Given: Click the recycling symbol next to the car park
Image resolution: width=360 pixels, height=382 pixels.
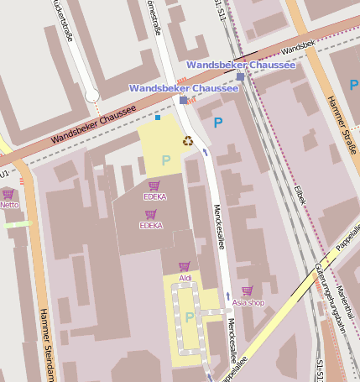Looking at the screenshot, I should point(188,140).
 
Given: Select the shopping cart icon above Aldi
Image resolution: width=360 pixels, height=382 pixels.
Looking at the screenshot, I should point(184,266).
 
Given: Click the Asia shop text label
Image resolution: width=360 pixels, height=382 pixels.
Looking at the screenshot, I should point(248,302).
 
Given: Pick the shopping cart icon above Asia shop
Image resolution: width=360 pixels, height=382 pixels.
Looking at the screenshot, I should point(247,290).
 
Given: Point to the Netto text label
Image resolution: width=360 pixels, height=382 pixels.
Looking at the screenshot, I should point(9,205).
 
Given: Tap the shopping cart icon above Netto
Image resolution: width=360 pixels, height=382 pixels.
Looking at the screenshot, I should point(8,194).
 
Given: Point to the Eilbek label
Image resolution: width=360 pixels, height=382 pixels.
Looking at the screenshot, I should point(300,196).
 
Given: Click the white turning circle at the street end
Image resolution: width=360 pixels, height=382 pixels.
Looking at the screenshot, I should point(92,96).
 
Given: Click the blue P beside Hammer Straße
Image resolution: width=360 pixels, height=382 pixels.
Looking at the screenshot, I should point(353,85).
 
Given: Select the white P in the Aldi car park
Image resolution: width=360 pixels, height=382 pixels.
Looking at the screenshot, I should point(189,317).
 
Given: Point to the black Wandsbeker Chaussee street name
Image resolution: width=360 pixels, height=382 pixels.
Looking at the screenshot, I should point(92,125).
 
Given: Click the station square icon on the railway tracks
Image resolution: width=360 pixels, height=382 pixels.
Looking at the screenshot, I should point(240,77).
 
